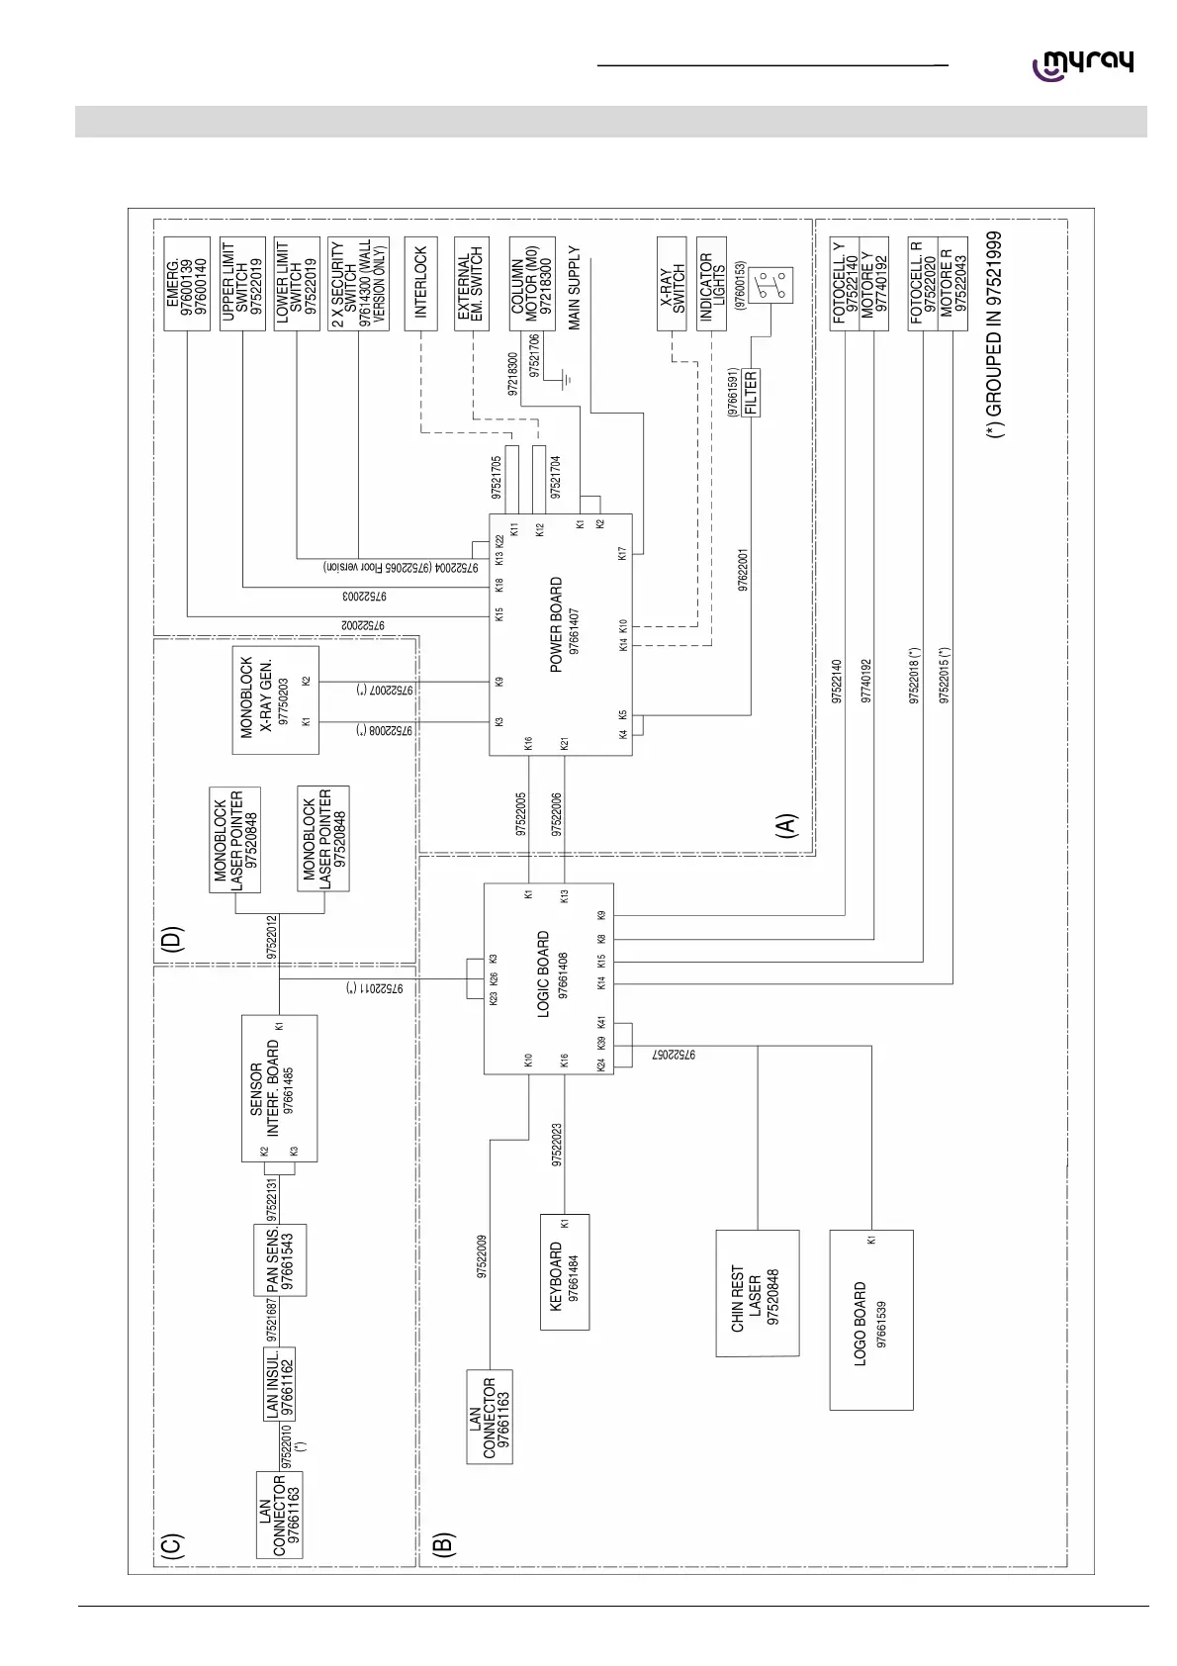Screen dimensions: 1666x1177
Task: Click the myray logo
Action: [1083, 64]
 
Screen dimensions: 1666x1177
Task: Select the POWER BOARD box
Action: [561, 634]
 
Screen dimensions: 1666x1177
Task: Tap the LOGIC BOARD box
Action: [549, 978]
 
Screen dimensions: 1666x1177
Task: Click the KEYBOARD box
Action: [565, 1271]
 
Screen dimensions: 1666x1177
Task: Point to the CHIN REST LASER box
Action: [757, 1293]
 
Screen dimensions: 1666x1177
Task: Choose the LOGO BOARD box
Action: [870, 1320]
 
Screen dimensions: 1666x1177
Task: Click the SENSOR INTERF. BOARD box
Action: [279, 1089]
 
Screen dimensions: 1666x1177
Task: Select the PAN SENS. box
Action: [280, 1259]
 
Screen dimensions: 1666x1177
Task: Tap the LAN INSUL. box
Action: [280, 1383]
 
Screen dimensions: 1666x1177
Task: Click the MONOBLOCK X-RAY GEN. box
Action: [276, 699]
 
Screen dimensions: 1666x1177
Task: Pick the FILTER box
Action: [751, 392]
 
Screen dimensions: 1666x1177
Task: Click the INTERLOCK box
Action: [421, 283]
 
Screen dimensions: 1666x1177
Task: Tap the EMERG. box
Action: [186, 283]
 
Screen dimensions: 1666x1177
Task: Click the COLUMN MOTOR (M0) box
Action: [532, 287]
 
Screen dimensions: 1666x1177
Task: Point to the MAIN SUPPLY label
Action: [574, 288]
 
